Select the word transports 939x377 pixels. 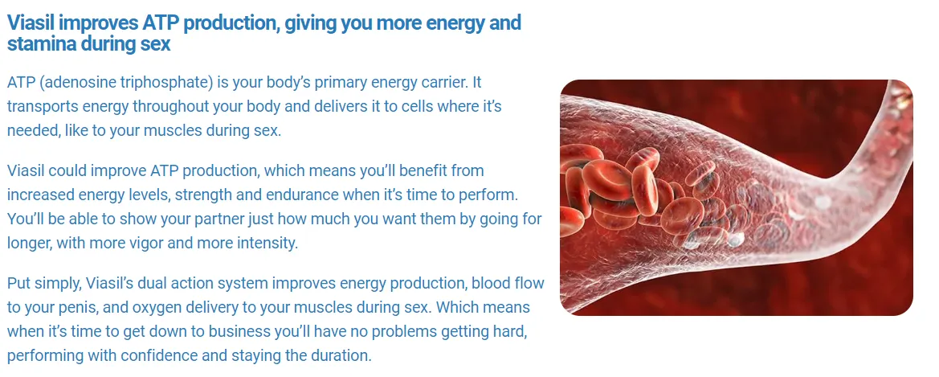click(41, 106)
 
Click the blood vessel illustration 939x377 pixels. click(736, 197)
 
